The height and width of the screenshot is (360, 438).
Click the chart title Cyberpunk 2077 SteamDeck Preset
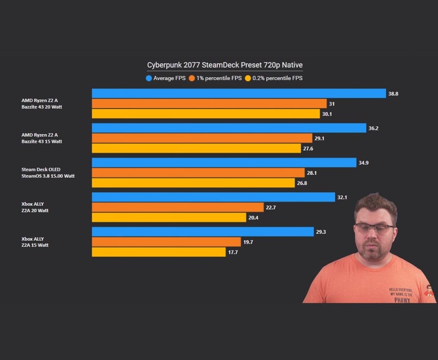point(225,65)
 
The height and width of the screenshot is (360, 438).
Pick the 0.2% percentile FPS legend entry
point(277,78)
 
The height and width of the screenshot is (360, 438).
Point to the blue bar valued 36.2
point(228,128)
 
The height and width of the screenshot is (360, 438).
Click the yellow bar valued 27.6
point(196,148)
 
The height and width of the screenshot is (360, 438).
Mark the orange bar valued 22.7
point(177,207)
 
